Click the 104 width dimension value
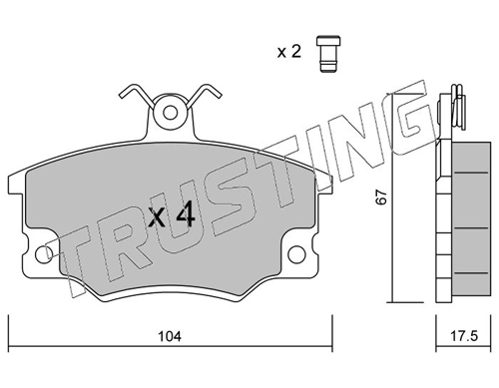(x=170, y=337)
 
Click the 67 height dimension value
(x=381, y=197)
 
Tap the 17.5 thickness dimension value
(x=464, y=336)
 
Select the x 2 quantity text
(x=288, y=52)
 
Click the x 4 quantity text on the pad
(x=172, y=215)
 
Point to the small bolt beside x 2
(x=328, y=53)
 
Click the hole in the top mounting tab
(x=170, y=113)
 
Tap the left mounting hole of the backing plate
(x=43, y=255)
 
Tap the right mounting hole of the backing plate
(x=296, y=254)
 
